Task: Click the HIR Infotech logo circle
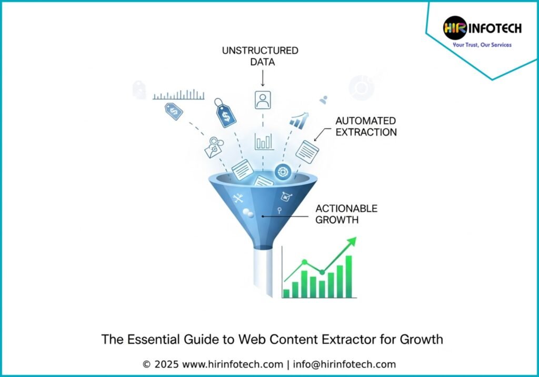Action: point(455,28)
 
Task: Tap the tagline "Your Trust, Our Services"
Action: point(482,45)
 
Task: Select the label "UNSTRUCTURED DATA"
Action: point(260,56)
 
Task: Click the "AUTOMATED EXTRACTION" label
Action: point(366,126)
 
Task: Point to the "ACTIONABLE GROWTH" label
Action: point(346,214)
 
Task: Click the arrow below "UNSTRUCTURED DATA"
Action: point(263,78)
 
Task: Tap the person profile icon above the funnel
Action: point(263,100)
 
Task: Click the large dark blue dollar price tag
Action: point(225,113)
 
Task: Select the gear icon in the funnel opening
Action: point(283,171)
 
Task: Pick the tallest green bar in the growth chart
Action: point(348,277)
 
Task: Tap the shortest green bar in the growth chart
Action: point(286,293)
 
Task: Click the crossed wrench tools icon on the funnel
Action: point(238,198)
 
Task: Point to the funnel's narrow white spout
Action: point(263,272)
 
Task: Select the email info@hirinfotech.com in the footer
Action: point(344,364)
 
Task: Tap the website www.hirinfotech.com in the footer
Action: point(233,364)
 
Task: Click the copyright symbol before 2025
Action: point(146,364)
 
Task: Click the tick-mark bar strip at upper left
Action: point(178,95)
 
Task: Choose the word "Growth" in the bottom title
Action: point(421,339)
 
